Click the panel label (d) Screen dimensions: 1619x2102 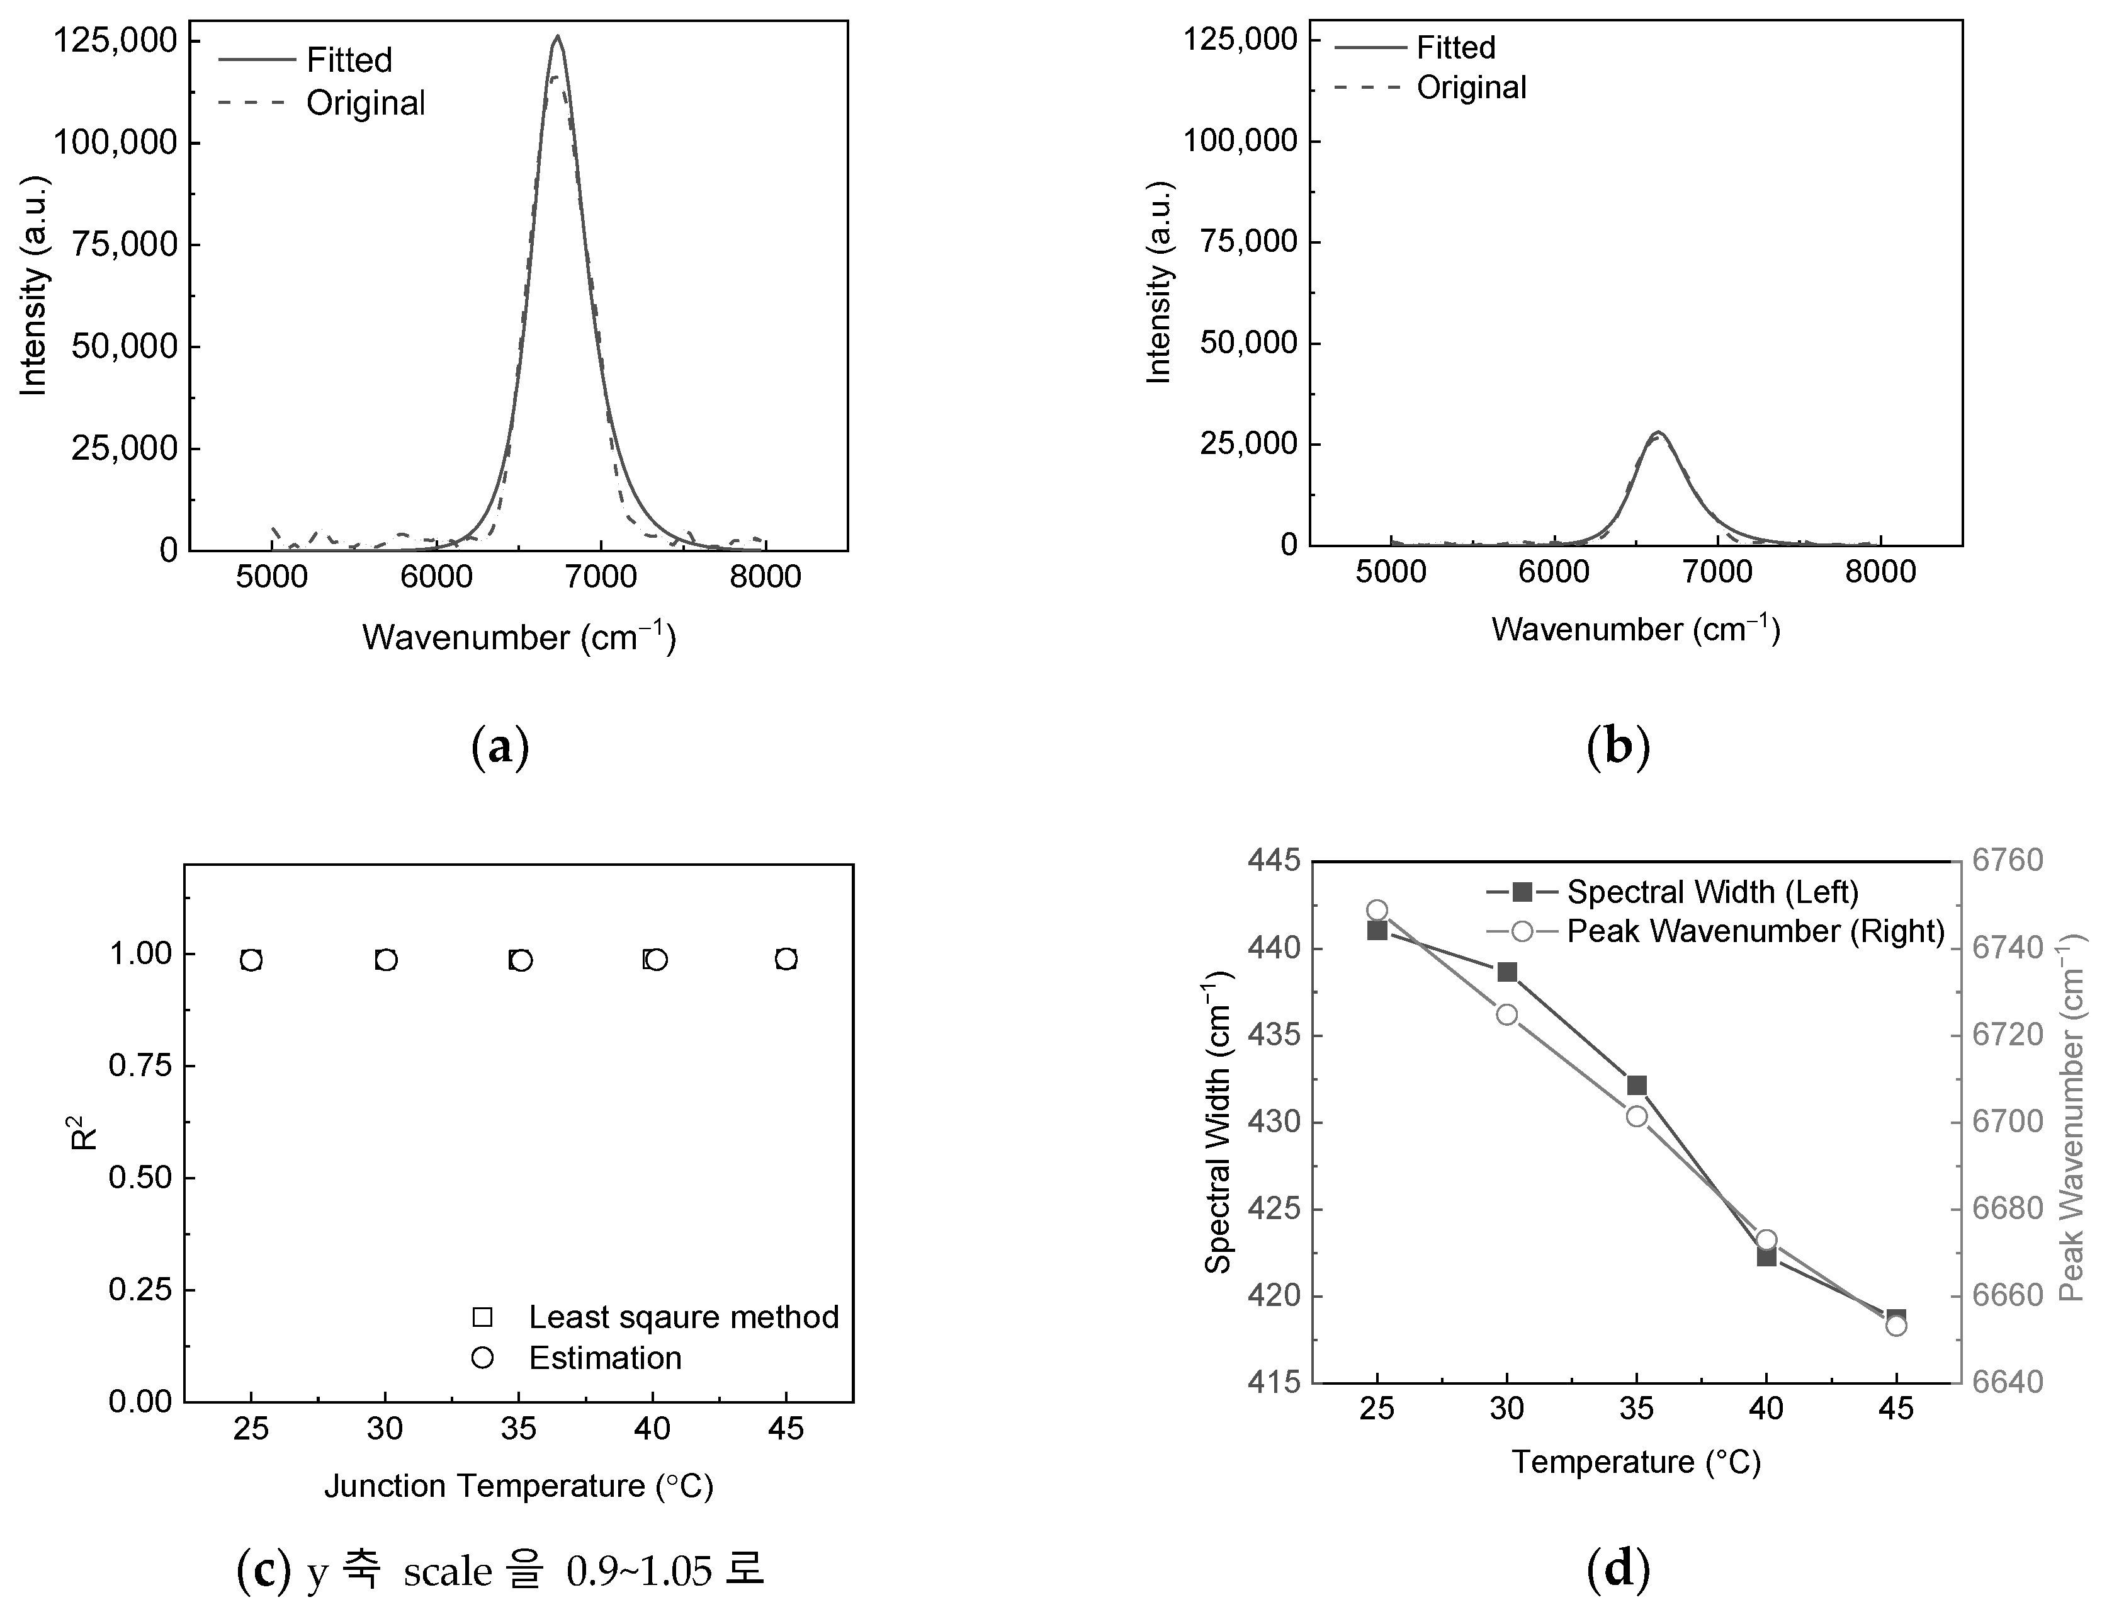[x=1618, y=1569]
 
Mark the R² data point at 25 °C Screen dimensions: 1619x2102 [x=251, y=960]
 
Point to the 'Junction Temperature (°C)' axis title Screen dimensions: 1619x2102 [x=519, y=1486]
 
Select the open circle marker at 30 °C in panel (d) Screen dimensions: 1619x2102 [x=1507, y=1014]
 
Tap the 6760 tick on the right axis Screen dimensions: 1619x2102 [x=2008, y=860]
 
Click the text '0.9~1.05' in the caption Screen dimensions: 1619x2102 [x=639, y=1571]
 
